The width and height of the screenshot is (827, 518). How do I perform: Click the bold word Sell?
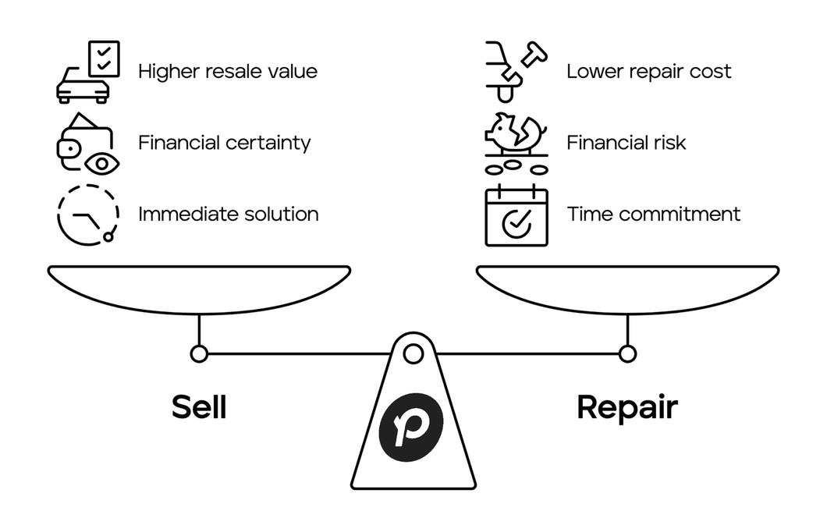[199, 407]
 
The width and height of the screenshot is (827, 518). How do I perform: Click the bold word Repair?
[627, 407]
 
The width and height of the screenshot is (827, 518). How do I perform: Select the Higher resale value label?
[228, 72]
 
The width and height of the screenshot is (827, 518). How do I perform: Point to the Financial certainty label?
[225, 143]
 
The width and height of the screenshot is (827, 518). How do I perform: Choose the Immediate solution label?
[229, 214]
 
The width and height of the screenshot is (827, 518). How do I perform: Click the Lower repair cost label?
[649, 72]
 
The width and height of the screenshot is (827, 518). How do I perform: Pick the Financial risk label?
[626, 143]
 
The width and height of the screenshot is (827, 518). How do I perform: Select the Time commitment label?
[654, 214]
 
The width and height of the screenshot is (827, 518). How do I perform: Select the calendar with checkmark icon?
[516, 216]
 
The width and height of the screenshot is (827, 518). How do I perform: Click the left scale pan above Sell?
[199, 289]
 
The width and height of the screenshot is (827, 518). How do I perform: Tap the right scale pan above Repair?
[627, 289]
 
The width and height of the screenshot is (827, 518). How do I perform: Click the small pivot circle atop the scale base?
[413, 354]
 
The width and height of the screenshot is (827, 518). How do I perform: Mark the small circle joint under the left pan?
[199, 354]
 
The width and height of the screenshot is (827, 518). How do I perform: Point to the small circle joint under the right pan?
[627, 354]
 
